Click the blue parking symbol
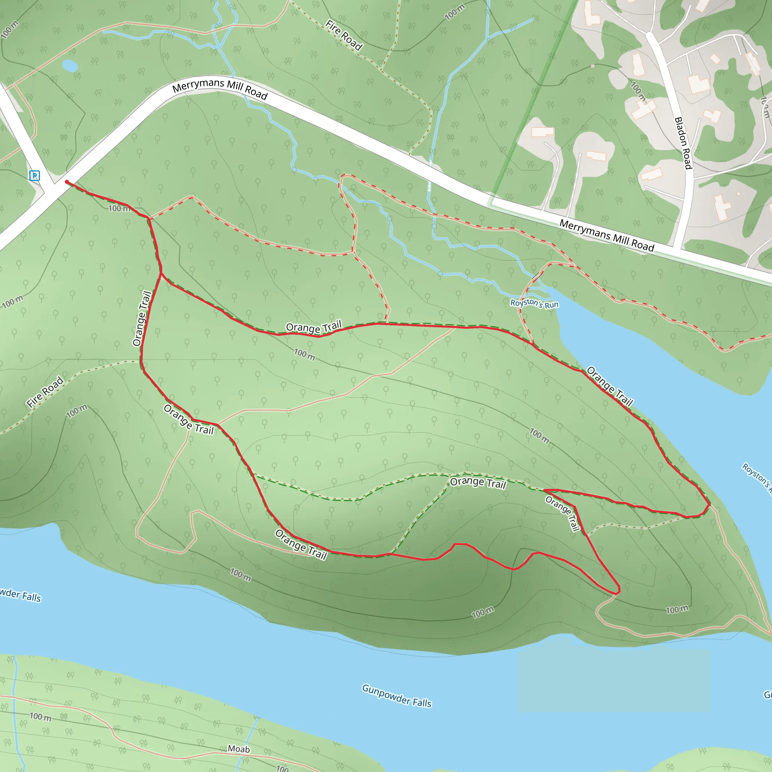35,175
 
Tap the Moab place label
239,749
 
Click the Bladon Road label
683,142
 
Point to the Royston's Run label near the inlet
534,304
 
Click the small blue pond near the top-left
70,66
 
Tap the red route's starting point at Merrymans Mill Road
67,182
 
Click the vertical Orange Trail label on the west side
142,319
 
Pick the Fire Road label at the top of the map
344,35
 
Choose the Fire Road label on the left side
45,392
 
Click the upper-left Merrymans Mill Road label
220,88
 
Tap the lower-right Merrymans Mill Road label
606,236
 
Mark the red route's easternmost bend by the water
709,504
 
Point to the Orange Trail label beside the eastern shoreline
610,386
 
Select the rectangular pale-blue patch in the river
613,680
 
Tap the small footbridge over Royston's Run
537,276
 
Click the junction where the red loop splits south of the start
161,273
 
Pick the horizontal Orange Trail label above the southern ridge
478,483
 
